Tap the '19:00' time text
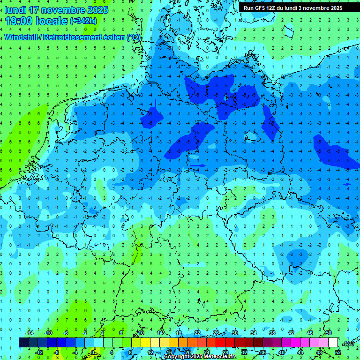[19, 21]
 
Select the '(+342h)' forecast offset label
[83, 21]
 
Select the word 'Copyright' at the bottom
[177, 357]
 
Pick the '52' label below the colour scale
[338, 352]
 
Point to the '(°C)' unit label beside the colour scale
[348, 343]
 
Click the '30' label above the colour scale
[234, 333]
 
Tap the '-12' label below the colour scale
[39, 352]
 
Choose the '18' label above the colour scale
[179, 333]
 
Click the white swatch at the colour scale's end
[333, 343]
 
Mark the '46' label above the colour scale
[309, 333]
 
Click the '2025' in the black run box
[334, 8]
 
